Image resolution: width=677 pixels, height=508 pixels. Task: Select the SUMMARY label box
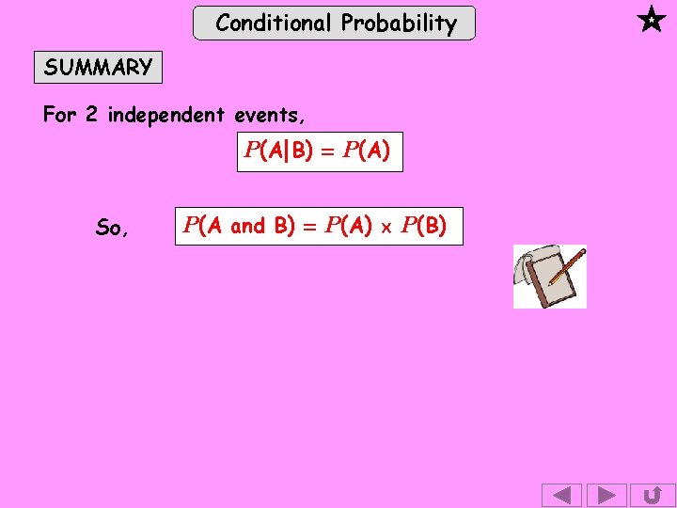tap(98, 68)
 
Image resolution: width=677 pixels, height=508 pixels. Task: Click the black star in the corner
tap(651, 20)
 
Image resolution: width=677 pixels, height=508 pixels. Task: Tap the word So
tap(109, 228)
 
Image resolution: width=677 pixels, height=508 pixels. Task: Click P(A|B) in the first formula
tap(278, 151)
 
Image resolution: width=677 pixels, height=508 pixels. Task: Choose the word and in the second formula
tap(248, 226)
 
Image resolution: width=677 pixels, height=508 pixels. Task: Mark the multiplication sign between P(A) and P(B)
tap(386, 227)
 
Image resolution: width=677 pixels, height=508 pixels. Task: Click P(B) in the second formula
tap(424, 226)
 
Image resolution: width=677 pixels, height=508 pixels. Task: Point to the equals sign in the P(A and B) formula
tap(308, 226)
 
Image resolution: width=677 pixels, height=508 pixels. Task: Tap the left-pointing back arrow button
tap(562, 495)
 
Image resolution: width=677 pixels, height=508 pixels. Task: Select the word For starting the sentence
tap(59, 116)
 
